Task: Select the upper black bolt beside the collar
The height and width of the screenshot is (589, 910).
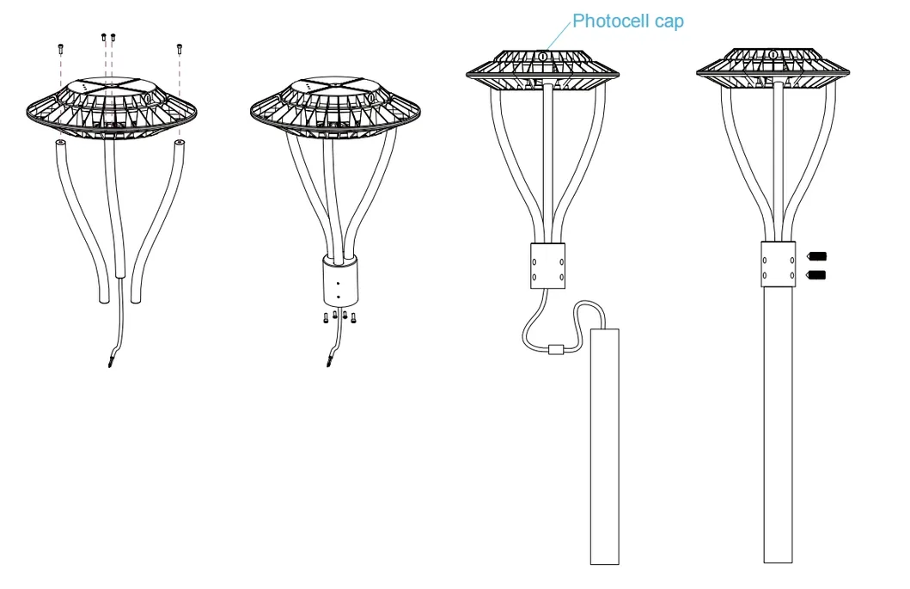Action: [817, 256]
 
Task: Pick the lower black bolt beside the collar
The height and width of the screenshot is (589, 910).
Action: [817, 275]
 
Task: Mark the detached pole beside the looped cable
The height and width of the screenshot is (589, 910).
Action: [604, 447]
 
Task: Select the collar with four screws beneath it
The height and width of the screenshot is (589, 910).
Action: [339, 280]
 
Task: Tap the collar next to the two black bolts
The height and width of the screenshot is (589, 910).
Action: [778, 265]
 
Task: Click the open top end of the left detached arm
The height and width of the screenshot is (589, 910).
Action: [61, 144]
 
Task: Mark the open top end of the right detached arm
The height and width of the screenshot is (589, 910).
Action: [179, 143]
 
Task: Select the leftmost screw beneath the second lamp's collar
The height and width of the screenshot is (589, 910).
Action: [326, 317]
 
